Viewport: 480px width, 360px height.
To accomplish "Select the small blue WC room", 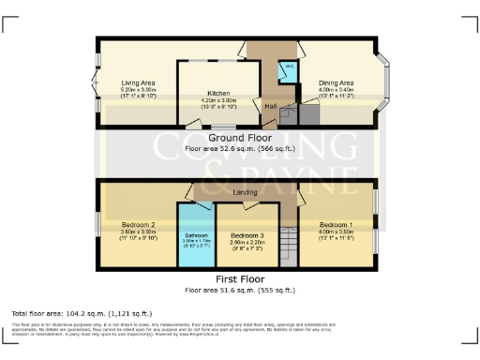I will click(289, 68).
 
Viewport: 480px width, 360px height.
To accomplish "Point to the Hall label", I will click(269, 107).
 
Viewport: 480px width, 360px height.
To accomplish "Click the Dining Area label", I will click(335, 82).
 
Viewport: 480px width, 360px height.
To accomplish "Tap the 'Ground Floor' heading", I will click(239, 138).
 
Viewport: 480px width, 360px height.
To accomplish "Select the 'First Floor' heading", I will click(239, 279).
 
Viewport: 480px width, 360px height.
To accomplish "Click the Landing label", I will click(246, 193).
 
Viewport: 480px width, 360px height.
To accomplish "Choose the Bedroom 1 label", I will click(336, 225).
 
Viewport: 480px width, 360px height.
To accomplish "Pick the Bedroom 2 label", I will click(138, 225).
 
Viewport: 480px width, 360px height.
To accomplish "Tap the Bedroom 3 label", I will click(247, 233).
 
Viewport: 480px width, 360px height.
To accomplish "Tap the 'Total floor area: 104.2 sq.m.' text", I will click(82, 313).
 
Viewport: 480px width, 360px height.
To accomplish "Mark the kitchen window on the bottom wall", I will click(223, 126).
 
